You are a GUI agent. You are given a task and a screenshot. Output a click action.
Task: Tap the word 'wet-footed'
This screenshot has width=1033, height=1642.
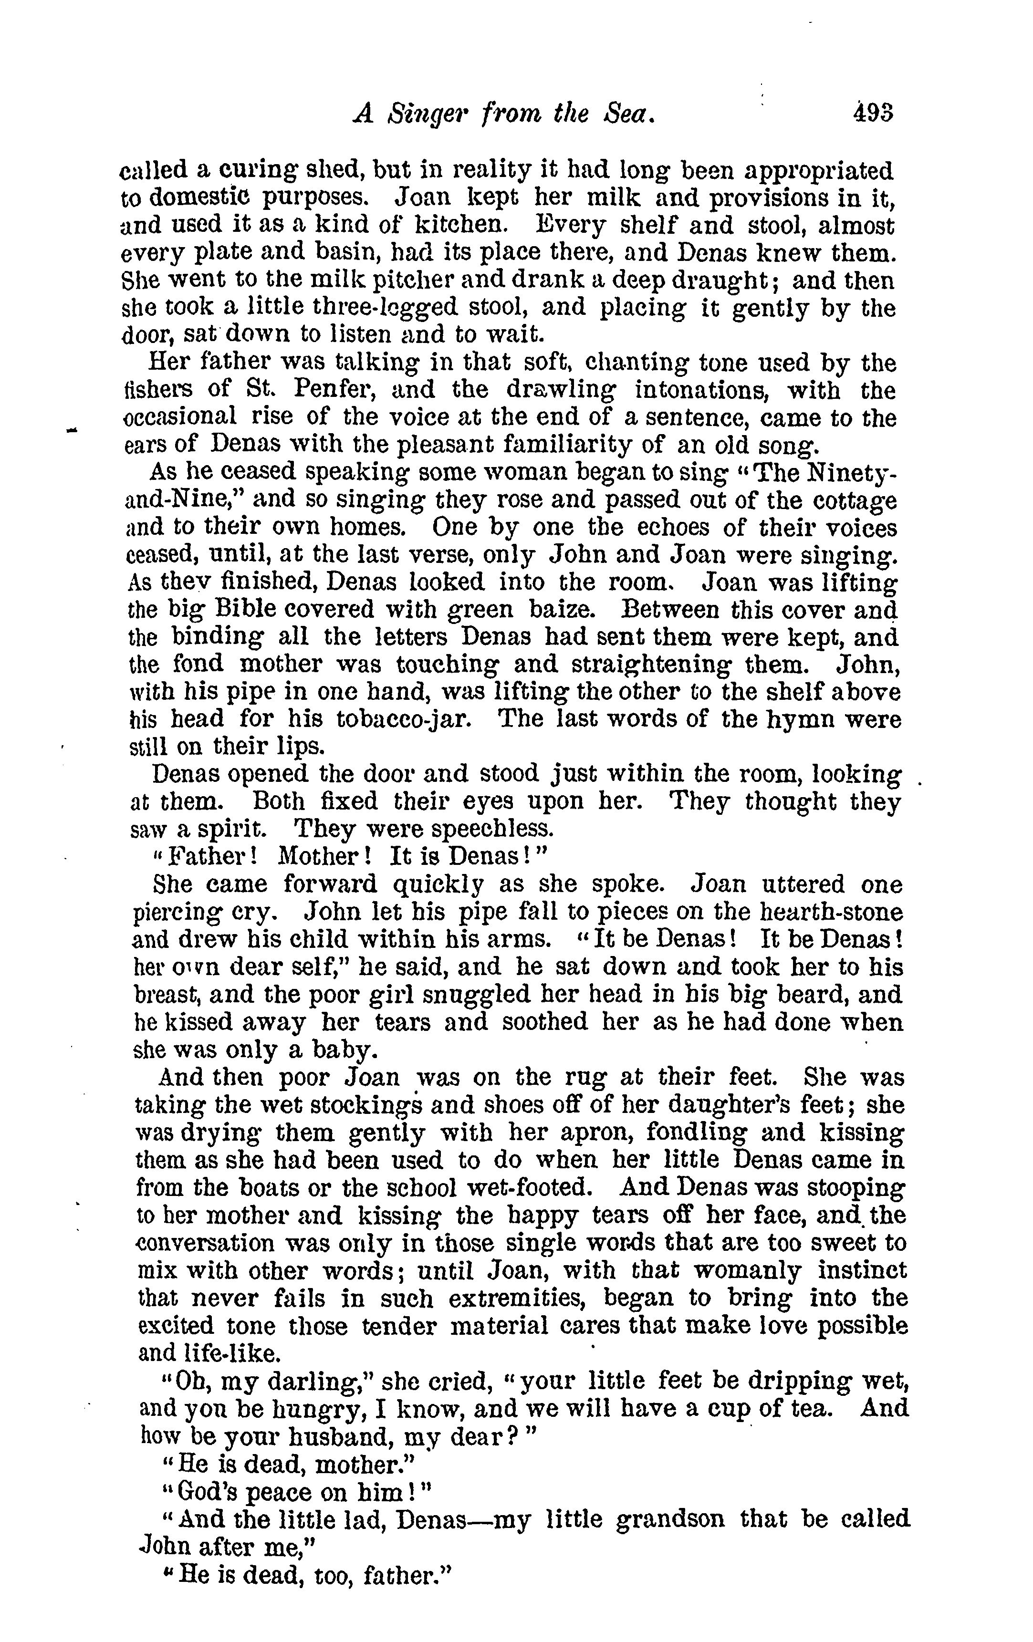529,1188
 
